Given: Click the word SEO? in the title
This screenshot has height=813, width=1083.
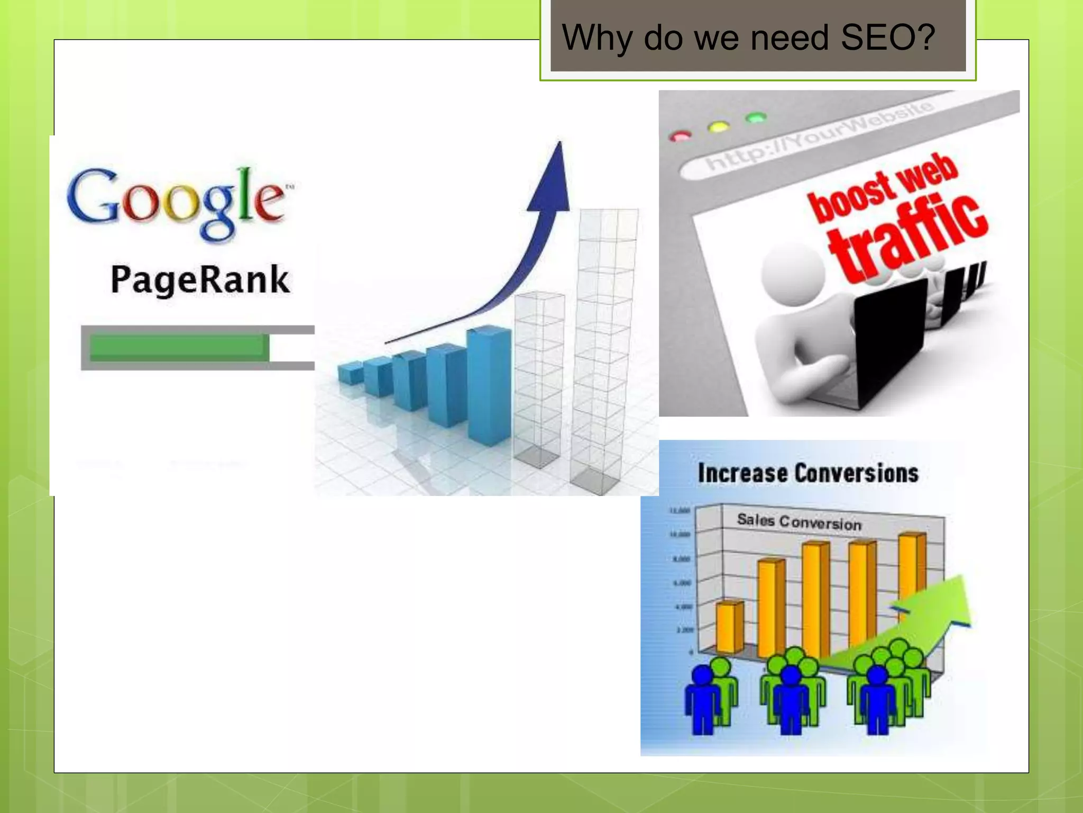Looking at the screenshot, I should click(x=888, y=38).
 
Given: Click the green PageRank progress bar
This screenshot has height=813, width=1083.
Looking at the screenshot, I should click(x=179, y=347).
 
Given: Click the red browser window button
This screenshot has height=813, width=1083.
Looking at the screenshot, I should click(x=680, y=136).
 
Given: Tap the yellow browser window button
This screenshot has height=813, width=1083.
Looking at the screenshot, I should click(x=718, y=127).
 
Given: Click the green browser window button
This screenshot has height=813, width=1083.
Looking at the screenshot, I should click(x=756, y=118).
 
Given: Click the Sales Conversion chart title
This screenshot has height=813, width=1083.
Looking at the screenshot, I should click(x=799, y=522).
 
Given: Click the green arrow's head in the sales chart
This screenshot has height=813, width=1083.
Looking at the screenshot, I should click(x=951, y=604).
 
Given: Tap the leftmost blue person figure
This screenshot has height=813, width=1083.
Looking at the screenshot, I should click(x=703, y=699).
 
